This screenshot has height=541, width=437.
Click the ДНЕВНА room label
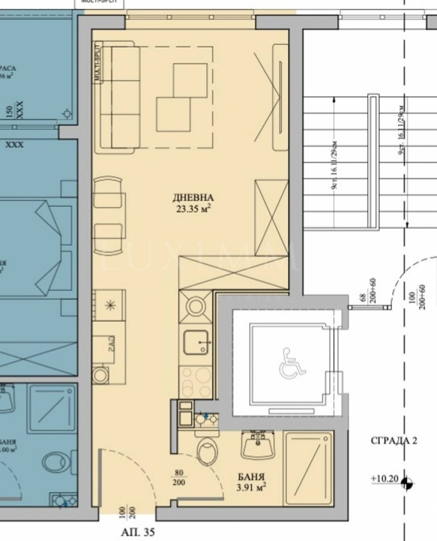pos(191,197)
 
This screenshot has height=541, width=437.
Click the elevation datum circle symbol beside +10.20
pos(406,482)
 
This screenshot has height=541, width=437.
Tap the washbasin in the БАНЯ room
pos(257,445)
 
